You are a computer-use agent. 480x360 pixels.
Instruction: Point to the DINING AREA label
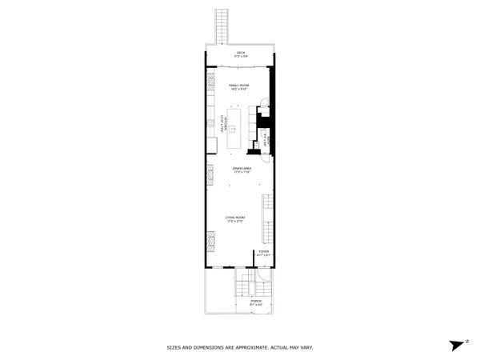(x=242, y=169)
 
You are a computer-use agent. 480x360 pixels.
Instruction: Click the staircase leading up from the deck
(x=222, y=27)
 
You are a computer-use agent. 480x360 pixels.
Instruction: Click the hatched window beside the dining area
(x=210, y=172)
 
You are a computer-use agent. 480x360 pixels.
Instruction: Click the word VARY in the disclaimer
(x=306, y=348)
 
